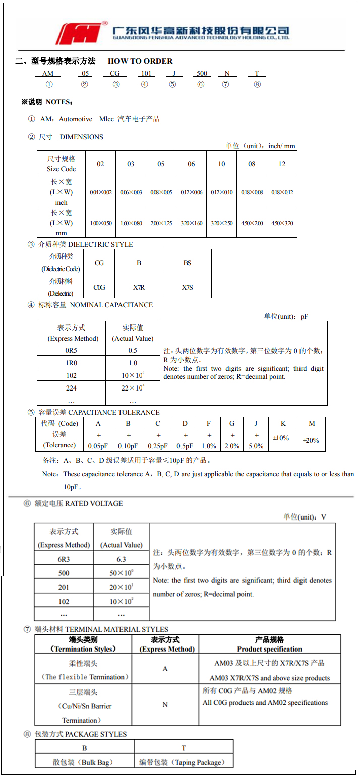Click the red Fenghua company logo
81,33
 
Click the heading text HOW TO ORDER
140,61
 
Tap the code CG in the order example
115,74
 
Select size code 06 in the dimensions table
191,164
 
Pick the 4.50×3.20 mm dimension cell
282,223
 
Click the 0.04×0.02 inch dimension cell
101,192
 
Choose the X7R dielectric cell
139,287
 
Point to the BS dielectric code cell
187,263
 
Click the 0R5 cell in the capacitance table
71,350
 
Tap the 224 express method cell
71,387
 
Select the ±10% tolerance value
281,438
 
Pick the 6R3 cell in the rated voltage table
64,559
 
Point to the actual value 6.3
121,559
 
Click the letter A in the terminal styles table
165,669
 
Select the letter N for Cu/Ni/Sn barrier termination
165,704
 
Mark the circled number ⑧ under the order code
257,84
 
